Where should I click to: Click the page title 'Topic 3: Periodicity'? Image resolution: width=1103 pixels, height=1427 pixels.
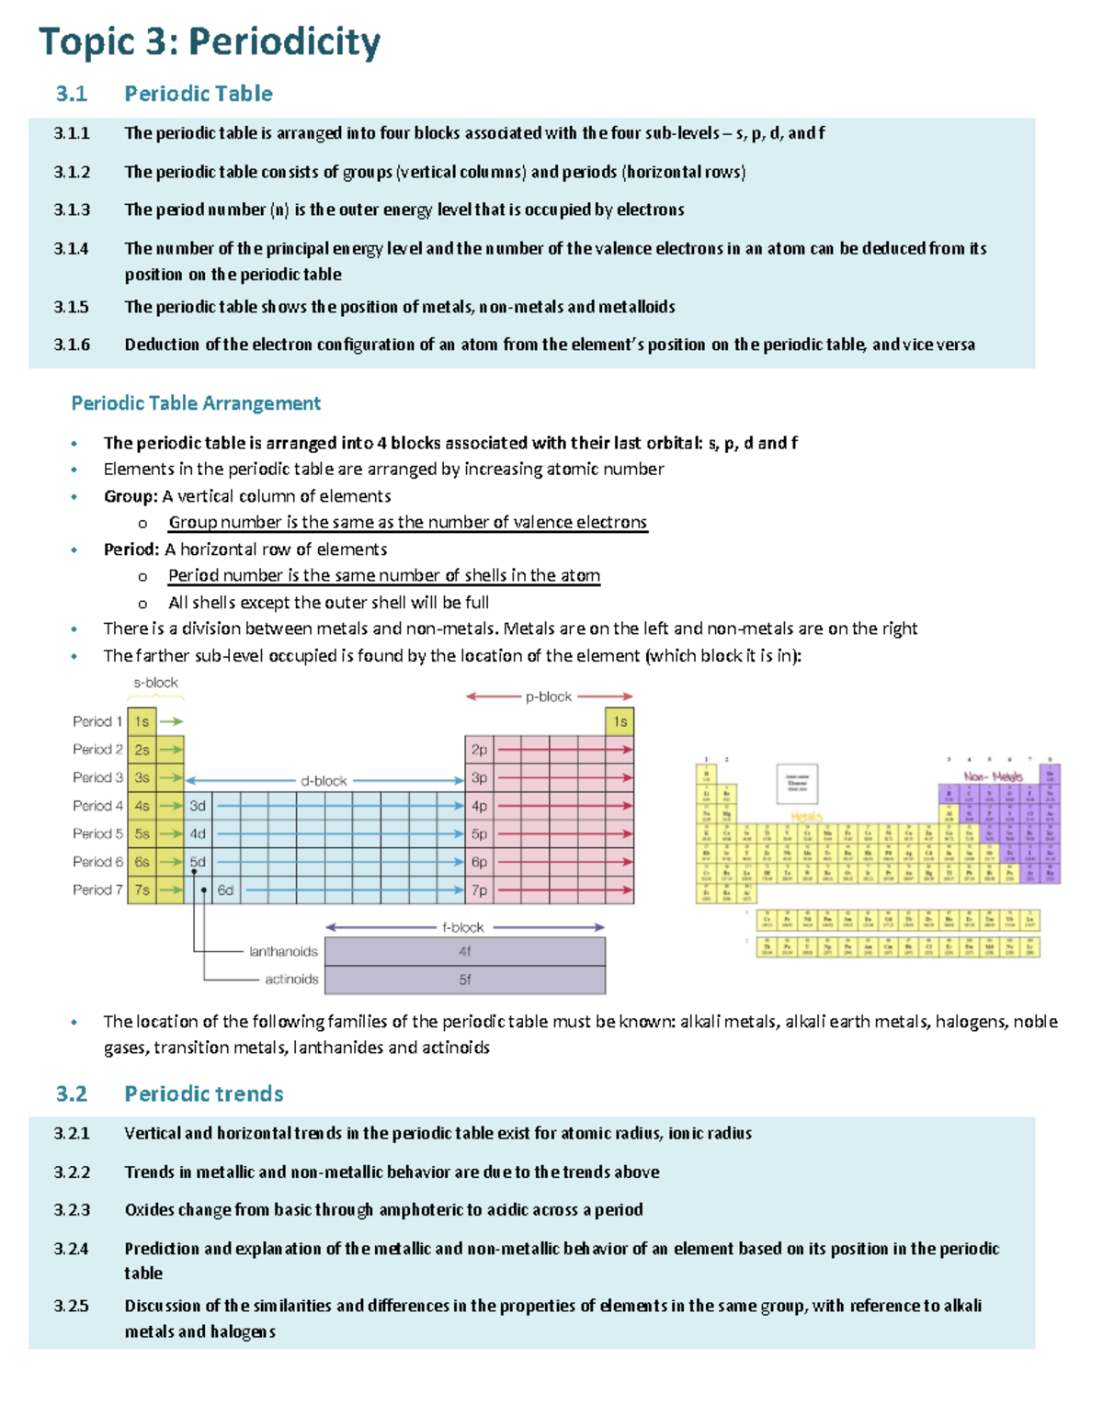(x=210, y=43)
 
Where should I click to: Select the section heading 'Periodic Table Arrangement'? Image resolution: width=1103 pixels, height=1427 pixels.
(x=196, y=403)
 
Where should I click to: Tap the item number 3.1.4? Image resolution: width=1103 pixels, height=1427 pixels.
(x=72, y=248)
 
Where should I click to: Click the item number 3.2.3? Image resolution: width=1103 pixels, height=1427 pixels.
(x=72, y=1210)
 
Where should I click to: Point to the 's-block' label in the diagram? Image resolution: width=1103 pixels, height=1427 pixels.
(x=155, y=683)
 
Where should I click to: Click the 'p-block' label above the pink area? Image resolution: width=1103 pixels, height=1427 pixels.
(x=549, y=697)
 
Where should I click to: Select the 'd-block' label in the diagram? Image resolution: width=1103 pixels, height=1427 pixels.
(x=324, y=781)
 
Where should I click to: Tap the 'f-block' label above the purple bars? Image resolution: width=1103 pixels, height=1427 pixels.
(x=463, y=927)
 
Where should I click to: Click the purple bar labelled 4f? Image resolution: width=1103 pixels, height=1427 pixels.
(x=465, y=952)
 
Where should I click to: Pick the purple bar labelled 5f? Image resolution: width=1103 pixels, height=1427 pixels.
(x=465, y=980)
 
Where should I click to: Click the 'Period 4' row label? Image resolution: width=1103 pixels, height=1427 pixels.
(x=97, y=806)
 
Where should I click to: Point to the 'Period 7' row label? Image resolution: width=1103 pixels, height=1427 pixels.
(x=97, y=889)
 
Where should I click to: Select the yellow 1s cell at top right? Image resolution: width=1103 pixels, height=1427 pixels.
(x=620, y=722)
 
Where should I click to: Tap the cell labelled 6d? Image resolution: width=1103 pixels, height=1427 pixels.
(x=225, y=890)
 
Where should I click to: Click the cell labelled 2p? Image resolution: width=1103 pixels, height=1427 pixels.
(x=479, y=750)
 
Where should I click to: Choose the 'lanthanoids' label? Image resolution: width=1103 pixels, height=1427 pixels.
(x=283, y=952)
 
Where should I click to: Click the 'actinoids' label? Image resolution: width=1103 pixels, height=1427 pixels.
(x=291, y=980)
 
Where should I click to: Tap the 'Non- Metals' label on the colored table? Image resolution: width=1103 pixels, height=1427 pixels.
(x=993, y=776)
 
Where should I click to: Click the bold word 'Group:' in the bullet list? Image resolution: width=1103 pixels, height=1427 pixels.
(x=131, y=496)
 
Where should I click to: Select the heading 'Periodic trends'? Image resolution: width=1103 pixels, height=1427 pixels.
(x=204, y=1093)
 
